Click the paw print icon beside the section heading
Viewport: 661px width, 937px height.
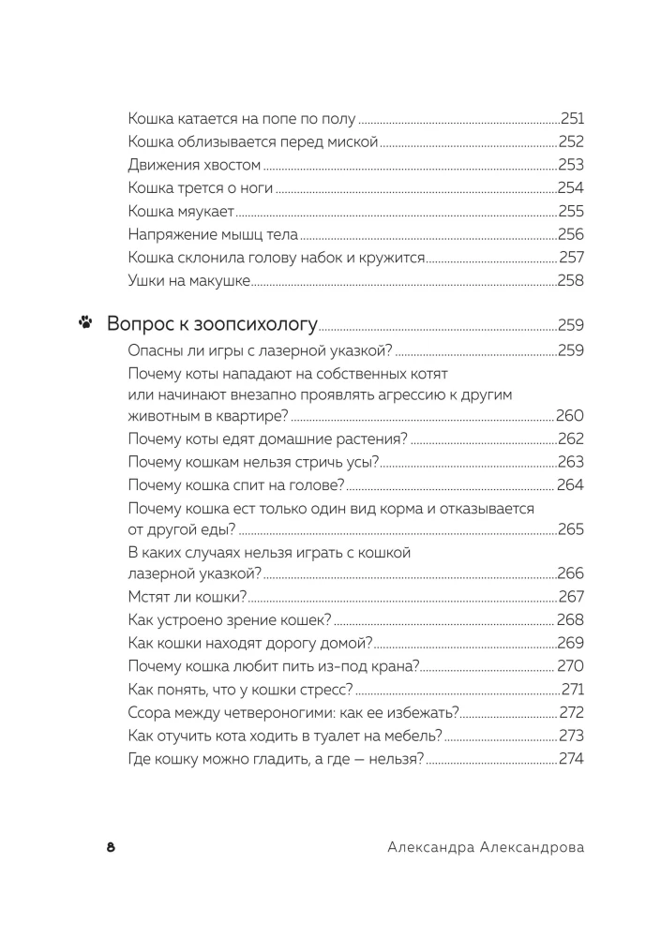(x=85, y=325)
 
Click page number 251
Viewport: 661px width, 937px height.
(x=572, y=119)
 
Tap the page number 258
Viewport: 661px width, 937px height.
(x=571, y=280)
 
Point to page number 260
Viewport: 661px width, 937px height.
(x=570, y=416)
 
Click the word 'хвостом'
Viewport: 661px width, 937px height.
(x=228, y=165)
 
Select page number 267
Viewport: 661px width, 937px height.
(x=571, y=597)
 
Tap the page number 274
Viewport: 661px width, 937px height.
(x=571, y=758)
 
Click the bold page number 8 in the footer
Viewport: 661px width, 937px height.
(x=111, y=847)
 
